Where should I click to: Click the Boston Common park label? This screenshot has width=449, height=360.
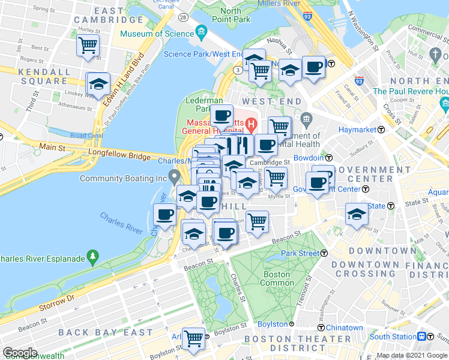pos(276,278)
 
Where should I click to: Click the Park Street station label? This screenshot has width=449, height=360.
pos(300,254)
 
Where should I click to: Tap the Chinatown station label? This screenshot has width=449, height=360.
pos(344,328)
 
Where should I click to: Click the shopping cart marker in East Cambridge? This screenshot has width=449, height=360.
pos(88,45)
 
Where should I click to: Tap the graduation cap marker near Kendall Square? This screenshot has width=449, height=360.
pos(98,83)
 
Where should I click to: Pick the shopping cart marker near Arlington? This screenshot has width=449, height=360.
pos(193,338)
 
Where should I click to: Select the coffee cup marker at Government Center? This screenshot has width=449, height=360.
pos(317,181)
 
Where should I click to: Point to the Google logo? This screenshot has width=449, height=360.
pos(20,353)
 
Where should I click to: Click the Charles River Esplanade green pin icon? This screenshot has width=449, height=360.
pos(92,258)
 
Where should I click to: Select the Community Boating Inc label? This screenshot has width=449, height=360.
pos(123,178)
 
